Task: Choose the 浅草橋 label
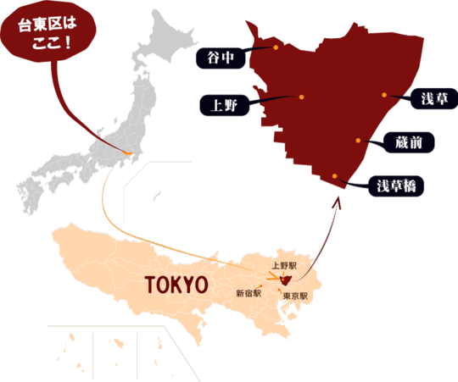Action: [394, 185]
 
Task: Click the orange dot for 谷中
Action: [276, 48]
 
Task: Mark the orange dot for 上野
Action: [301, 97]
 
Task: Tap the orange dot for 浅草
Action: [384, 94]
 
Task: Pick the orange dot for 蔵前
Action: [359, 139]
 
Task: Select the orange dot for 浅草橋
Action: [337, 176]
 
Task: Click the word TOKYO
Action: [176, 284]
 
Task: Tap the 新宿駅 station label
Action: [248, 293]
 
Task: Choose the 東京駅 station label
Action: [294, 296]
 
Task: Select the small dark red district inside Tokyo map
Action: [286, 279]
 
